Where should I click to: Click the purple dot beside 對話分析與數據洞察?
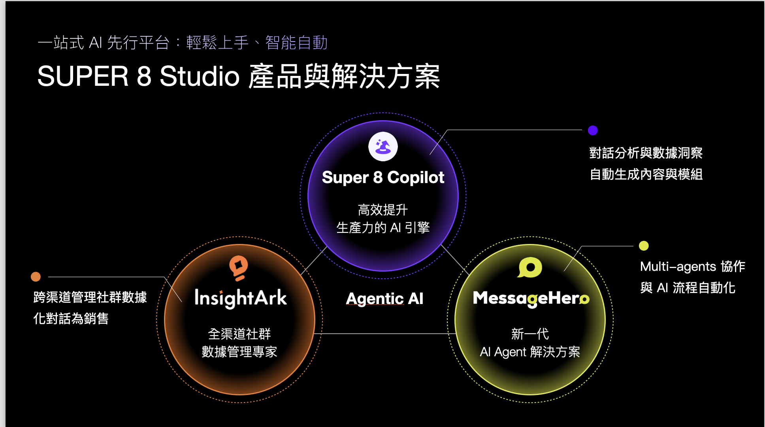[x=593, y=130]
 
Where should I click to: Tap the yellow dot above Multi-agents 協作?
[x=644, y=246]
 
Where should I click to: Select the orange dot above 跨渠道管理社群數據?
[x=36, y=276]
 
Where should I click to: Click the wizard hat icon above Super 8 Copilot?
[x=383, y=147]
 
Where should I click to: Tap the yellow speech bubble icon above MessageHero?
[x=530, y=268]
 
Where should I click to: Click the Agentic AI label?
[x=384, y=299]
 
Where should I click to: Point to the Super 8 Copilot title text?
[x=383, y=178]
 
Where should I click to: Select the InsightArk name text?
[x=240, y=298]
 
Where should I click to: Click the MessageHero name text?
[x=531, y=299]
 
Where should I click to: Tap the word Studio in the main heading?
[x=200, y=76]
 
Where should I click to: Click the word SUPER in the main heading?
[x=83, y=76]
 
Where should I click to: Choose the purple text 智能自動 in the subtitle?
[x=296, y=43]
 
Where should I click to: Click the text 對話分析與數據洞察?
[x=646, y=153]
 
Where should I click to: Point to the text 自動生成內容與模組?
[x=646, y=174]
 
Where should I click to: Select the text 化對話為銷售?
[x=71, y=318]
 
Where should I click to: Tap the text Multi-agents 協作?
[x=692, y=266]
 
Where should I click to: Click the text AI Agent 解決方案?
[x=530, y=351]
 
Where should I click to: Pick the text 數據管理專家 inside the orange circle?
[x=239, y=351]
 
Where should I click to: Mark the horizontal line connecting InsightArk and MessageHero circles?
[x=385, y=334]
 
